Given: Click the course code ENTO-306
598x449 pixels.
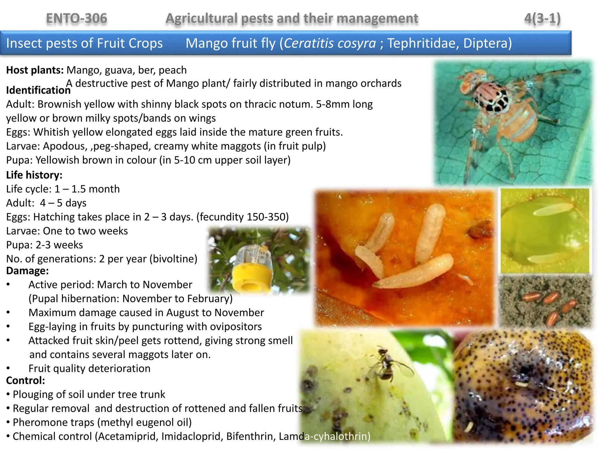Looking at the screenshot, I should pyautogui.click(x=77, y=18).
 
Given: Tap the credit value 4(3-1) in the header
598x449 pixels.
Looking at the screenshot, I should pyautogui.click(x=542, y=18).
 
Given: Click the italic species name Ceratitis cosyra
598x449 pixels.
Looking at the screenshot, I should pyautogui.click(x=330, y=43).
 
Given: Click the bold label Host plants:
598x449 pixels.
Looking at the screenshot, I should pyautogui.click(x=35, y=70).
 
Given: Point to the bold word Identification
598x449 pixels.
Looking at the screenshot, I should pyautogui.click(x=38, y=90).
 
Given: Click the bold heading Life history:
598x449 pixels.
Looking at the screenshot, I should pyautogui.click(x=34, y=175).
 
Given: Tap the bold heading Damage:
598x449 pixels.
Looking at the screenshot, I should pyautogui.click(x=27, y=271).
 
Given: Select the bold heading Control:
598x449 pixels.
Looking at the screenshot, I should pyautogui.click(x=26, y=380).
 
